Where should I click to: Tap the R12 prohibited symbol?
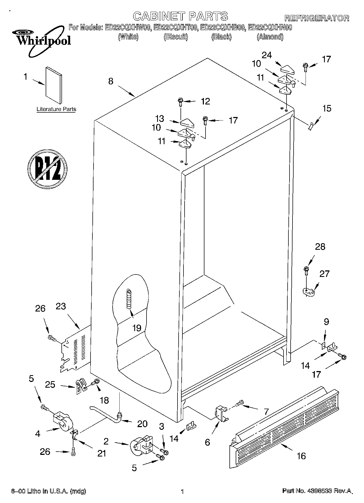point(47,168)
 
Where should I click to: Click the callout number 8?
point(111,81)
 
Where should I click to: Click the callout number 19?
point(137,328)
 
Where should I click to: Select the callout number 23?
point(61,306)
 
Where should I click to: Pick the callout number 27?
point(324,274)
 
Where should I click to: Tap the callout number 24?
point(267,55)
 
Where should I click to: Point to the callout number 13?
point(160,119)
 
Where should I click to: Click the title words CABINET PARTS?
point(181,16)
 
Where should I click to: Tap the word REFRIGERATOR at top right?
point(316,18)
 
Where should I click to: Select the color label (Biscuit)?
point(176,37)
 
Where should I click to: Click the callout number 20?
point(142,424)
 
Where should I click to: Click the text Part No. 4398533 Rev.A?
point(317,491)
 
